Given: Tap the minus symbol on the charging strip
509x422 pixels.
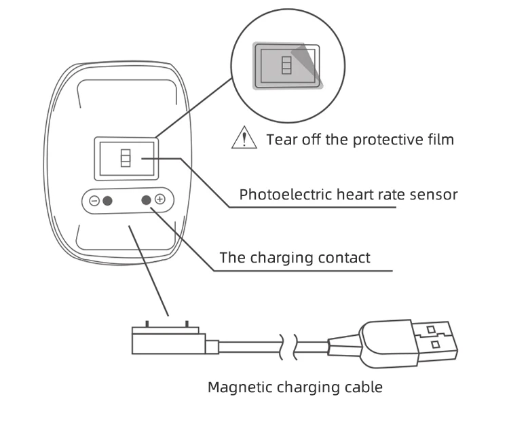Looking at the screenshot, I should pos(94,201).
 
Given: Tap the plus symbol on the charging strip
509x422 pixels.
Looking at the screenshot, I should pos(159,199).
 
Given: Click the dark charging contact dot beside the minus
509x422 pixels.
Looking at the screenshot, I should pos(107,201).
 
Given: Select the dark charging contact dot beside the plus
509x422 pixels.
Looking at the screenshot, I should pos(146,199).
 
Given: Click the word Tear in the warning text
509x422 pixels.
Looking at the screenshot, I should pos(281,140).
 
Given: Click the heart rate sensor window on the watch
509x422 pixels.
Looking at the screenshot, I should pos(126,159).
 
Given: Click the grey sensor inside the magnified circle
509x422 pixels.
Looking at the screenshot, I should pos(286,66).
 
